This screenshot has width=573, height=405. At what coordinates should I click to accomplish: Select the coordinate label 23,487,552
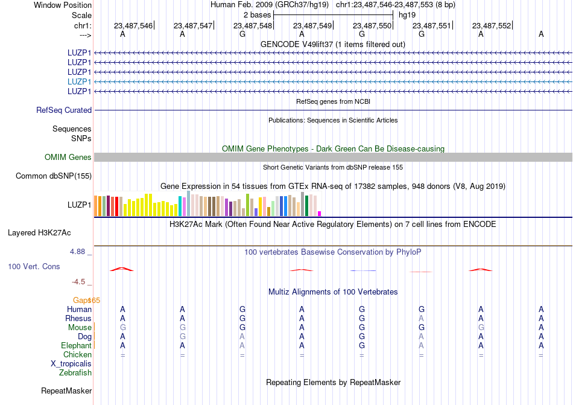[492, 25]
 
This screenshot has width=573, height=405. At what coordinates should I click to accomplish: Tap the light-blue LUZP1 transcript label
[79, 81]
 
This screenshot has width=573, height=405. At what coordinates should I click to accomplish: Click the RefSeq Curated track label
[64, 110]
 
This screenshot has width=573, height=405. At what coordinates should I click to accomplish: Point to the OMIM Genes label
[68, 157]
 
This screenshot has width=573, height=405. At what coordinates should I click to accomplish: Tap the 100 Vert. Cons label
[34, 266]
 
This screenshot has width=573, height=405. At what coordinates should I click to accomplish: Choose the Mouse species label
[80, 327]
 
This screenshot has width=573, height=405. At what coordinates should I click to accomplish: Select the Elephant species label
[76, 345]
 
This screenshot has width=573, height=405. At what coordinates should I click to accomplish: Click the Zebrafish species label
[75, 373]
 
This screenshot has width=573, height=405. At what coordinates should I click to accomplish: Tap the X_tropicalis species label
[71, 364]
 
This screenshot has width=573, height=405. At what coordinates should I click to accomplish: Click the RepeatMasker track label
[66, 391]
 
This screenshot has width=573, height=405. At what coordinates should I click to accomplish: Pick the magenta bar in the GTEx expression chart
[320, 213]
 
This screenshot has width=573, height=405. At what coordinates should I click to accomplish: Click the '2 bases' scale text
[258, 14]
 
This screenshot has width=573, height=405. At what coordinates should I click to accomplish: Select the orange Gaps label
[86, 300]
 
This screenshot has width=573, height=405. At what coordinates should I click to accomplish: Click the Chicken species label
[77, 354]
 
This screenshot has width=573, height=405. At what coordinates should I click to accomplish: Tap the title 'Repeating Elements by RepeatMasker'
[333, 382]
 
